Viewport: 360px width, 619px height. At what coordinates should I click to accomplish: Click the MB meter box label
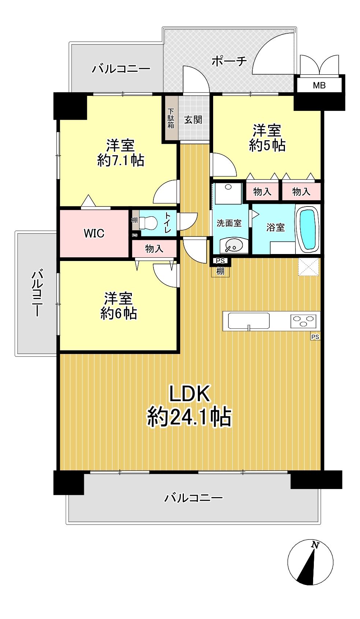click(x=319, y=85)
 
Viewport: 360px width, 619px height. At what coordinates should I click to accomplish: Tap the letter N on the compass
click(x=315, y=545)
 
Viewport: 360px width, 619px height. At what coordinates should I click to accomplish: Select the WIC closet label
click(x=94, y=234)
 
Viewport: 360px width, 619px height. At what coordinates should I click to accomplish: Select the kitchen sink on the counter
click(x=249, y=321)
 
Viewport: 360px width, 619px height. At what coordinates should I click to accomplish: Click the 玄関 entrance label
click(x=193, y=120)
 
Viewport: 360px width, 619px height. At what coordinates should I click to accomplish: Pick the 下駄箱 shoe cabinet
click(x=170, y=118)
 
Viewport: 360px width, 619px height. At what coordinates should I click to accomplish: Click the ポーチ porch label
click(x=229, y=61)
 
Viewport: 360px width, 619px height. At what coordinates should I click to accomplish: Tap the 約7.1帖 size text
click(x=120, y=161)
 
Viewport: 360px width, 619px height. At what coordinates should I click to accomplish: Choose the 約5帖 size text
click(x=267, y=145)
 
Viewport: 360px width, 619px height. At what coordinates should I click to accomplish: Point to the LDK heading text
click(x=189, y=394)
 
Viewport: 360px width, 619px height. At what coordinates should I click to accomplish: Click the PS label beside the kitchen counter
click(x=315, y=337)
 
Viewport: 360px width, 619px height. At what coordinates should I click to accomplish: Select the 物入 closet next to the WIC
click(x=154, y=249)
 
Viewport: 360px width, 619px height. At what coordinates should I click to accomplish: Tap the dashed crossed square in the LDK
click(x=308, y=267)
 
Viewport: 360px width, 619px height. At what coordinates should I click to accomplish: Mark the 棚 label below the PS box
click(x=220, y=271)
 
